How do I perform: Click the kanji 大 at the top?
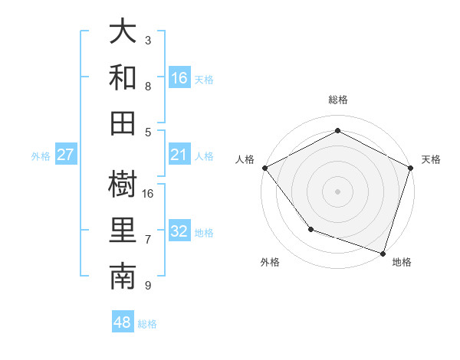123,32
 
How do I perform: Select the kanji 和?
123,77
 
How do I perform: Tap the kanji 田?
123,121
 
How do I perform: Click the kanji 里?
123,229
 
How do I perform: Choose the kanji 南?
123,276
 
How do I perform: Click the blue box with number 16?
179,77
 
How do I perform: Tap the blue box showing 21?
179,155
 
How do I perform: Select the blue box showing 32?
179,231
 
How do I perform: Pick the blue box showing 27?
66,155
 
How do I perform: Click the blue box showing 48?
123,322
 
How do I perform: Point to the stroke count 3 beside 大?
148,40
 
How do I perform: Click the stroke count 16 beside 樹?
149,193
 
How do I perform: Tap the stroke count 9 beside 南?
148,286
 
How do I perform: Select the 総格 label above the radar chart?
338,100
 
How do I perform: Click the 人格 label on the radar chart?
245,159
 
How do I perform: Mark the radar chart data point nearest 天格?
411,168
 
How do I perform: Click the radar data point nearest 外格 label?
310,229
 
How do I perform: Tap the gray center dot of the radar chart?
337,191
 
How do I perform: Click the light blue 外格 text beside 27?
41,155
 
